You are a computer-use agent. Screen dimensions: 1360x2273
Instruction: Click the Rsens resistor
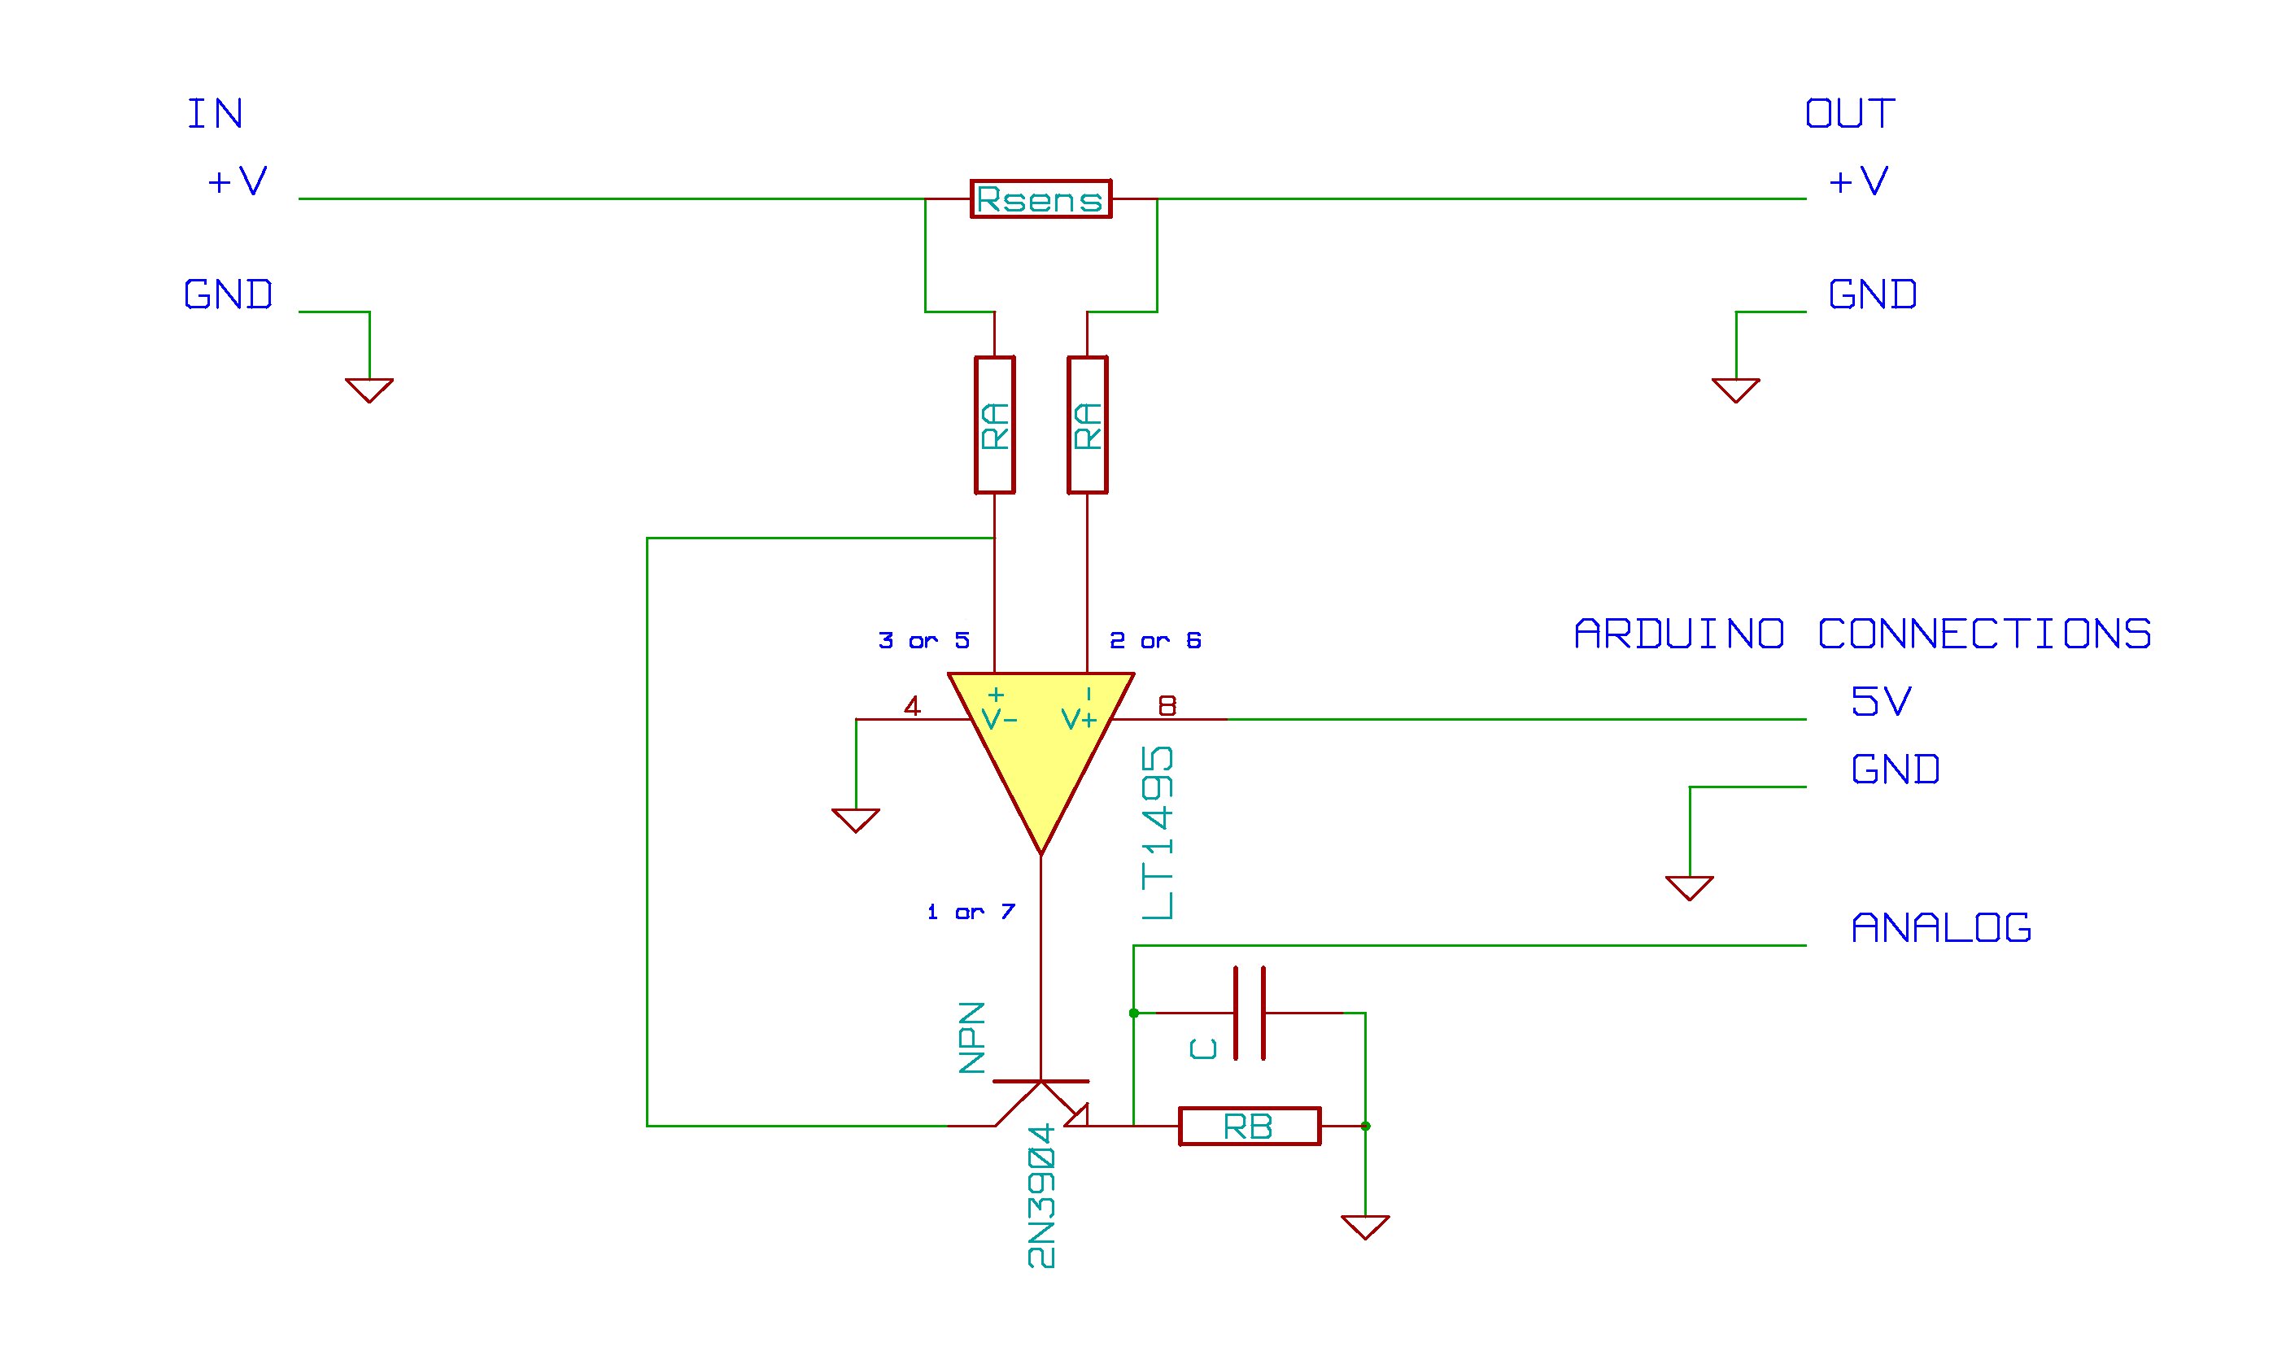point(1041,198)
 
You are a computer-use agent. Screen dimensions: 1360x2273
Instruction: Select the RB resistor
point(1248,1127)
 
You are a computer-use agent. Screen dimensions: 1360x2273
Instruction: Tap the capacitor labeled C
point(1250,1013)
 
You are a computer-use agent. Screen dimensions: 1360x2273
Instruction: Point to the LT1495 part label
point(1158,832)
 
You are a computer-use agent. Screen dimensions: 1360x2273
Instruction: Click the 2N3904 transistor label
point(1041,1196)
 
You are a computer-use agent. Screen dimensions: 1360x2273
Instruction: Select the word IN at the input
point(216,115)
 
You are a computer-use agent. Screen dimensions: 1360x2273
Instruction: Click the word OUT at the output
point(1850,115)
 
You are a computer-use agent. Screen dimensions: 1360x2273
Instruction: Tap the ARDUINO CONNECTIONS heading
point(1862,634)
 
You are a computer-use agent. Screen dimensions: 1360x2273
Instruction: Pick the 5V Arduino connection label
point(1881,702)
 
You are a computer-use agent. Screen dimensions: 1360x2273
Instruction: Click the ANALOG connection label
point(1941,928)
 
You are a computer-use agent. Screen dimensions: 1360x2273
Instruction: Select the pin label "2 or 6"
point(1155,641)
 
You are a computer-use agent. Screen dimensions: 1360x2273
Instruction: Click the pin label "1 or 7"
point(971,912)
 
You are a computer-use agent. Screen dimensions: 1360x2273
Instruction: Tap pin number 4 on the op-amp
point(912,707)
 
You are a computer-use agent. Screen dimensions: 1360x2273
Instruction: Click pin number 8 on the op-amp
point(1167,706)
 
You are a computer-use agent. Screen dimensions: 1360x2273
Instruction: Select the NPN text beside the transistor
point(972,1037)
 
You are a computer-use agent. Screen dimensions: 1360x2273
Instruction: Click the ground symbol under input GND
point(369,390)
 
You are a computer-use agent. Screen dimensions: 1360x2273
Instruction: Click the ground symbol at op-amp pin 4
point(855,819)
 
